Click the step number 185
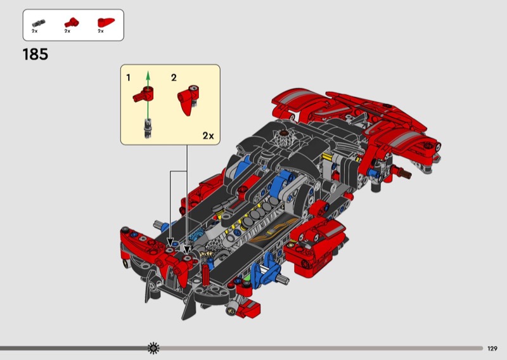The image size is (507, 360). coord(35,55)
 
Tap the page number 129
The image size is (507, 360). coord(492,349)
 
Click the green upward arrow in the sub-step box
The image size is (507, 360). coord(148,94)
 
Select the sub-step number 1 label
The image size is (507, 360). coord(129,77)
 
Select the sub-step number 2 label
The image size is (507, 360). coord(174,77)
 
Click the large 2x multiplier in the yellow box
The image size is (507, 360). coord(209,136)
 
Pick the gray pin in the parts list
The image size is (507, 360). coord(39,23)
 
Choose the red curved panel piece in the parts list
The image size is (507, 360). coord(106,22)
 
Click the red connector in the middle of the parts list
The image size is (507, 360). coord(72,22)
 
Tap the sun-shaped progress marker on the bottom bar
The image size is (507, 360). coord(153,348)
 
